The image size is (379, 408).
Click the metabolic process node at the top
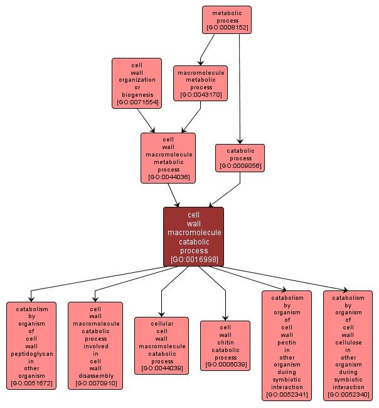[x=227, y=19]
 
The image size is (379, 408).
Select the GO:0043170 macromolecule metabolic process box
[x=200, y=84]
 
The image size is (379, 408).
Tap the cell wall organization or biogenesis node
[x=137, y=83]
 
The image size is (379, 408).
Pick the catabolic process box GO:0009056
[x=240, y=158]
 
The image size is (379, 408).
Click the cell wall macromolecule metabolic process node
[x=168, y=158]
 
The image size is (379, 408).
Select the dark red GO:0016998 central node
[x=193, y=236]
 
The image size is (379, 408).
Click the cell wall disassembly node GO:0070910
[x=95, y=346]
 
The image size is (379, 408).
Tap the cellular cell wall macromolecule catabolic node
[x=161, y=346]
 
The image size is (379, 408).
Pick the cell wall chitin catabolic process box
[x=225, y=346]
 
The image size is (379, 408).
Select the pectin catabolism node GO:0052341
[x=286, y=346]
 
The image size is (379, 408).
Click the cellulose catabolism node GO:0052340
[x=348, y=346]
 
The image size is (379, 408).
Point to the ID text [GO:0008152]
[x=227, y=28]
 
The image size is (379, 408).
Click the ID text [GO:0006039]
[x=225, y=365]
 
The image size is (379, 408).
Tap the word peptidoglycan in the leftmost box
[x=31, y=354]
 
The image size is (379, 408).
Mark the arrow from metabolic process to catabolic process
[x=240, y=88]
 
